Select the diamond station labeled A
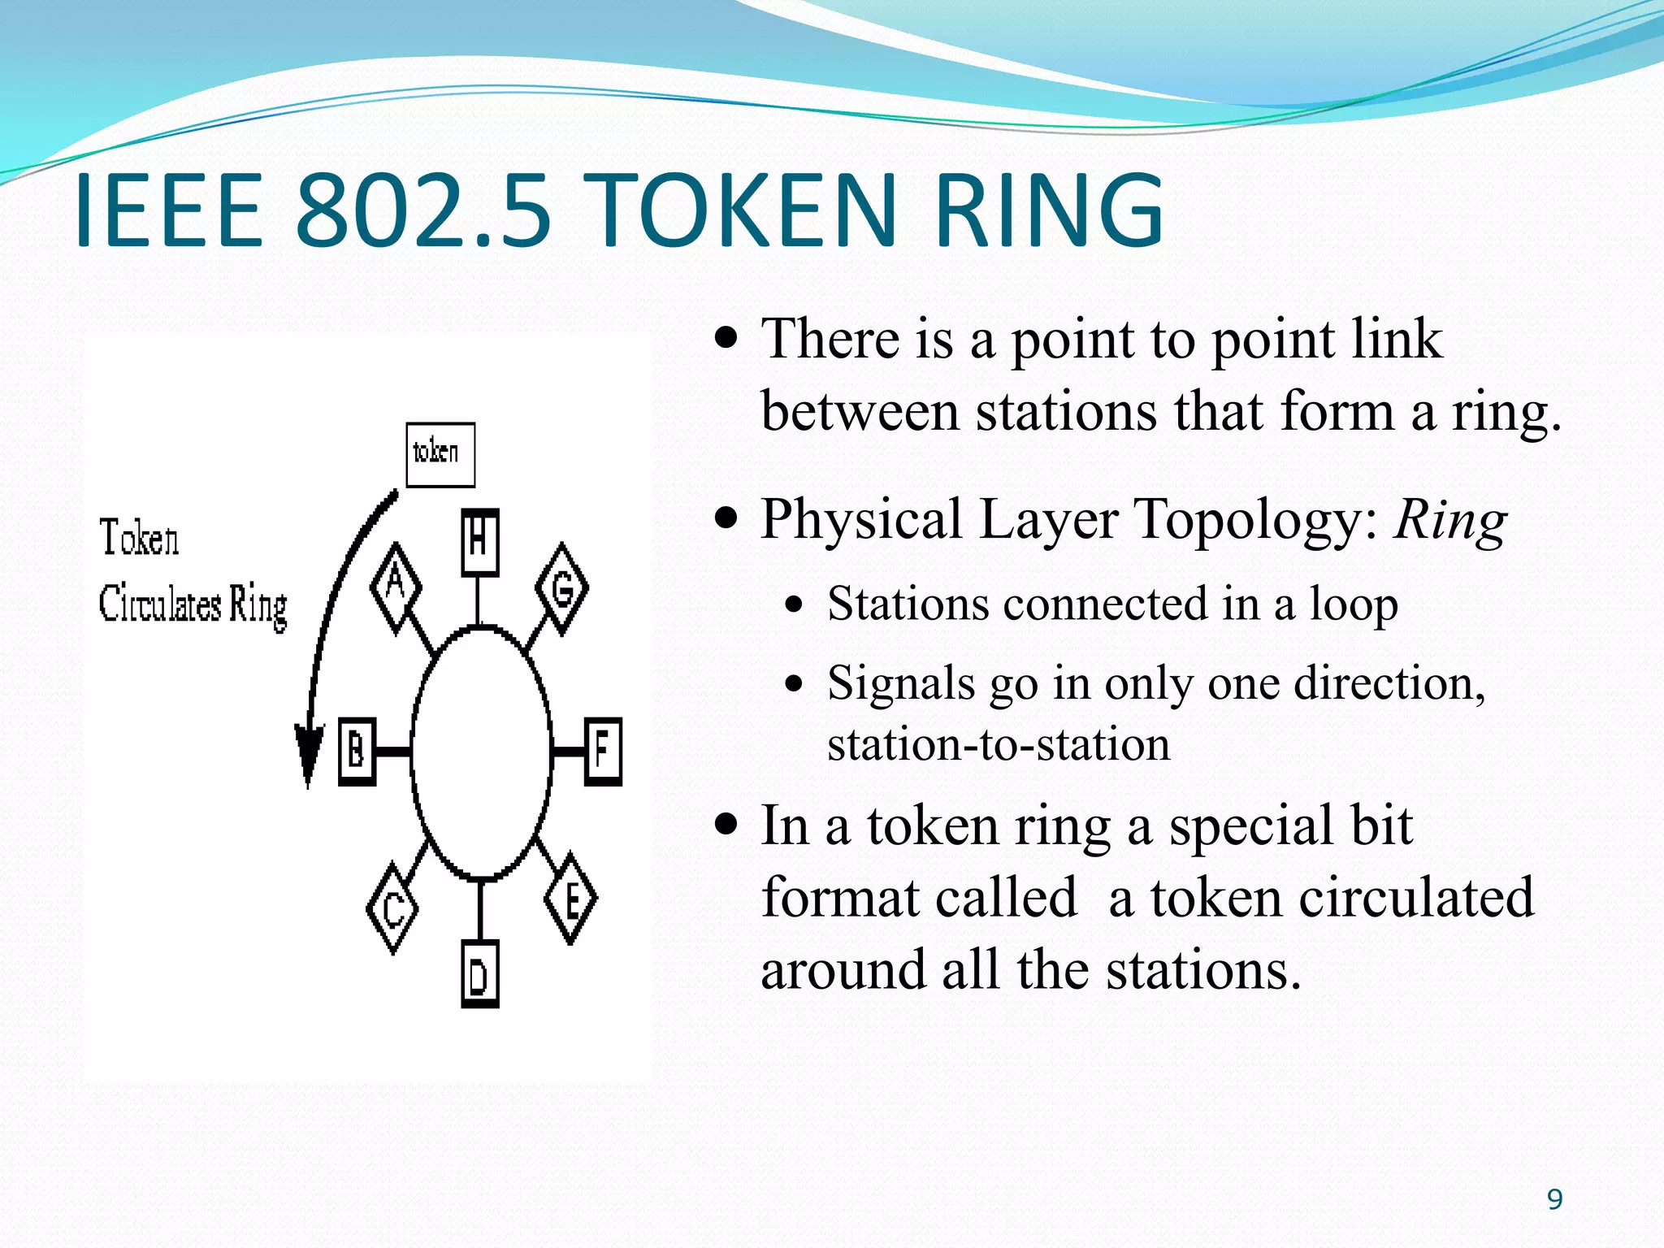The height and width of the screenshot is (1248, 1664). [x=396, y=587]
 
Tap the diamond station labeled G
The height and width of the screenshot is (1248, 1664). [x=562, y=589]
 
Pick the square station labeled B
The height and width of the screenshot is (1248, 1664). [x=357, y=752]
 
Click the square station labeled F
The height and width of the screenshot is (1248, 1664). [x=603, y=751]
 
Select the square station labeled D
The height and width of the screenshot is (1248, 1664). [x=479, y=975]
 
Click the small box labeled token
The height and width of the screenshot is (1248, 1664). [x=440, y=454]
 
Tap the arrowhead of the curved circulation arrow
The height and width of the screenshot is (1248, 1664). [x=309, y=756]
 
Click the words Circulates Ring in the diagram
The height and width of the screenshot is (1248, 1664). [x=193, y=605]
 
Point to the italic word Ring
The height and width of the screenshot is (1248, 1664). [x=1451, y=521]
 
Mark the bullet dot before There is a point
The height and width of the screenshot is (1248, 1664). [x=726, y=336]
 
